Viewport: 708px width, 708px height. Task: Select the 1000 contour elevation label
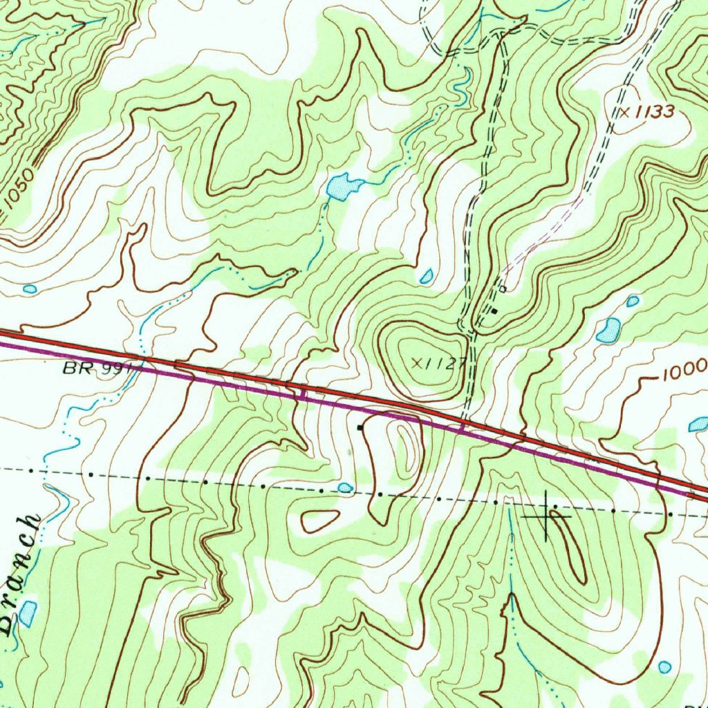(x=684, y=373)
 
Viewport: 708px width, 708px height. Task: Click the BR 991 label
(x=96, y=369)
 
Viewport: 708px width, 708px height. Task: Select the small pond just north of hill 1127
(x=427, y=277)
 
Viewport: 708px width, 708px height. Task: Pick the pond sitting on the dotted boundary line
(x=345, y=487)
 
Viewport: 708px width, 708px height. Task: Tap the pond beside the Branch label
(x=28, y=613)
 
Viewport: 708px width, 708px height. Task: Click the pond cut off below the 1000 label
(x=698, y=425)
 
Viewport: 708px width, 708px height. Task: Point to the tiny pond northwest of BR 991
(x=29, y=288)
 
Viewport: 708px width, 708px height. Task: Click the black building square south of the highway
(x=360, y=428)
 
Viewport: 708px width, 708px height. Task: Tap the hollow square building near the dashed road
(x=503, y=288)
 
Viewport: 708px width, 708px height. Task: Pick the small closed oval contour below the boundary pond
(x=320, y=520)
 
